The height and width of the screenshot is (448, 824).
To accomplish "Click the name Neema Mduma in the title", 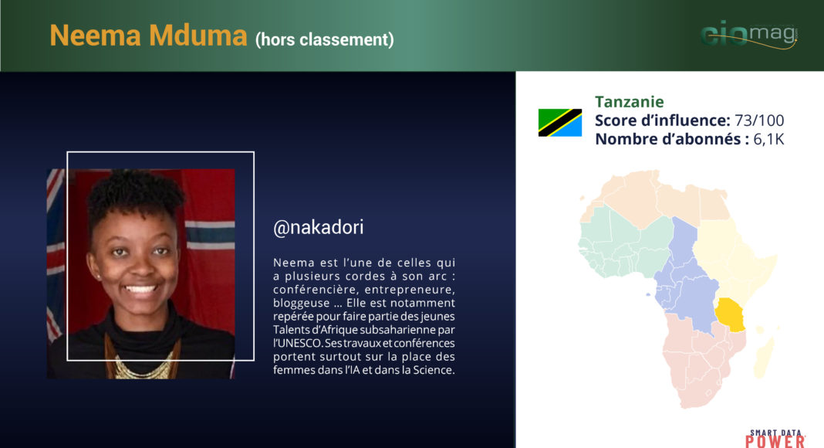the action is pyautogui.click(x=148, y=36).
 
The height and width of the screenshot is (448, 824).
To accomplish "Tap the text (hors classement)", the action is pyautogui.click(x=325, y=40).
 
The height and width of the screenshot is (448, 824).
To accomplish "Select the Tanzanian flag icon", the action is pyautogui.click(x=559, y=123).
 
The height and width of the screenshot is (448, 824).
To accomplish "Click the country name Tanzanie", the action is pyautogui.click(x=629, y=101).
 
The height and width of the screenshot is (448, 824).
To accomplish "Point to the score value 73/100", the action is pyautogui.click(x=759, y=120).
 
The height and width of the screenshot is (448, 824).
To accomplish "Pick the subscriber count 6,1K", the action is pyautogui.click(x=768, y=139).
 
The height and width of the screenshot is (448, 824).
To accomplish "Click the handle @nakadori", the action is pyautogui.click(x=319, y=227).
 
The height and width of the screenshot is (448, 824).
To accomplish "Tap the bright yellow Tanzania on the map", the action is pyautogui.click(x=730, y=314).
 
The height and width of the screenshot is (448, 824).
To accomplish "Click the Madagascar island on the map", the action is pyautogui.click(x=764, y=354).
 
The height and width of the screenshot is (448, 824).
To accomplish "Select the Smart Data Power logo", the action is pyautogui.click(x=775, y=439).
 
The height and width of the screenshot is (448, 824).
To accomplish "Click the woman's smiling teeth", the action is pyautogui.click(x=141, y=289).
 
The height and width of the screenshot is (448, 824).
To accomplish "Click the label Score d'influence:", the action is pyautogui.click(x=663, y=120).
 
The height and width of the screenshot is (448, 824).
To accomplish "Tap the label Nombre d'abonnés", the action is pyautogui.click(x=668, y=139).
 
